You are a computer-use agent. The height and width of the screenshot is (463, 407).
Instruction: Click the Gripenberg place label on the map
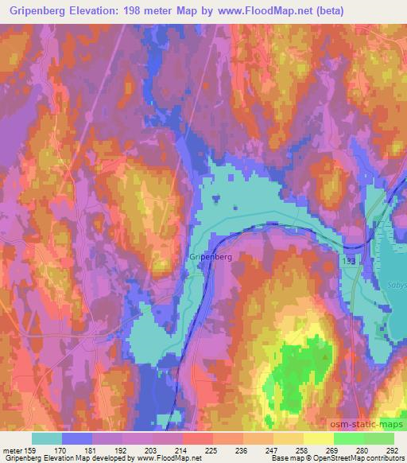[x=211, y=257]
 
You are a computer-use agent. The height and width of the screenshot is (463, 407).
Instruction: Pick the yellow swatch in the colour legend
[x=319, y=438]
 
